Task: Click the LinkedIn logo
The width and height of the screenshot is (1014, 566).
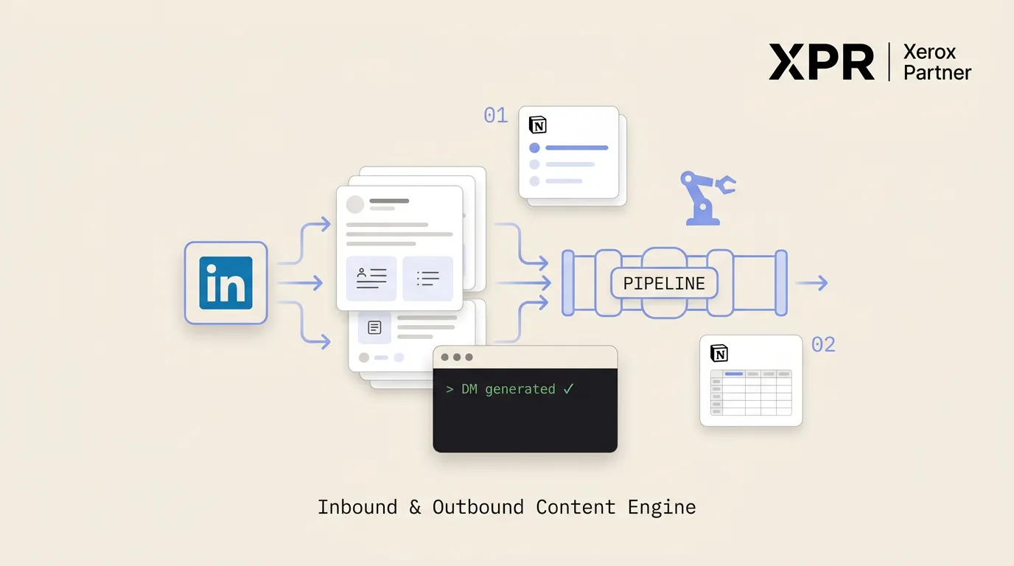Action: [226, 283]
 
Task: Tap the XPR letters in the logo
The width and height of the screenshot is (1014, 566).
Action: [821, 62]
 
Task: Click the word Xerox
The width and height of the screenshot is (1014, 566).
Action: [929, 52]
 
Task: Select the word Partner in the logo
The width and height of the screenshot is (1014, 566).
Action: [937, 72]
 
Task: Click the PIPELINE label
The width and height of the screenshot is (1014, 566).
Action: [664, 284]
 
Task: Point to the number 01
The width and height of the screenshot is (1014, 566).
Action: [496, 116]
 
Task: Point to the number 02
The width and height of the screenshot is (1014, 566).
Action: [823, 345]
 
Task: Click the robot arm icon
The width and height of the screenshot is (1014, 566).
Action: [708, 198]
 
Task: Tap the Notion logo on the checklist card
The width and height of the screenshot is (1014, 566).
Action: [538, 125]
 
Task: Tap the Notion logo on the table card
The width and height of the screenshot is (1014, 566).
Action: [719, 353]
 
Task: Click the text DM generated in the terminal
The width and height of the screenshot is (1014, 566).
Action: [508, 389]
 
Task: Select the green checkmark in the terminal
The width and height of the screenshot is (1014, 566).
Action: [569, 388]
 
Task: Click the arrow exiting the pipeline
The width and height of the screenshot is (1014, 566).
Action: [811, 283]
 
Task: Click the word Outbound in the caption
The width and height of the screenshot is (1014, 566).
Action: [478, 507]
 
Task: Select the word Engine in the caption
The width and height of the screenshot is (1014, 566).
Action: [662, 508]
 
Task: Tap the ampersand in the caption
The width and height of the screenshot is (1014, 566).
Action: [415, 507]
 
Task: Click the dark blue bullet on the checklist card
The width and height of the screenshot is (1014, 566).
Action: [534, 147]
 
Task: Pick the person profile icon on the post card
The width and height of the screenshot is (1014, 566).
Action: [361, 272]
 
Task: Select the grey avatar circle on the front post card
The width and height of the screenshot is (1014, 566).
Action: [355, 204]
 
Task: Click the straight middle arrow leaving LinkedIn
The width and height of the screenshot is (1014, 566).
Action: [300, 283]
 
